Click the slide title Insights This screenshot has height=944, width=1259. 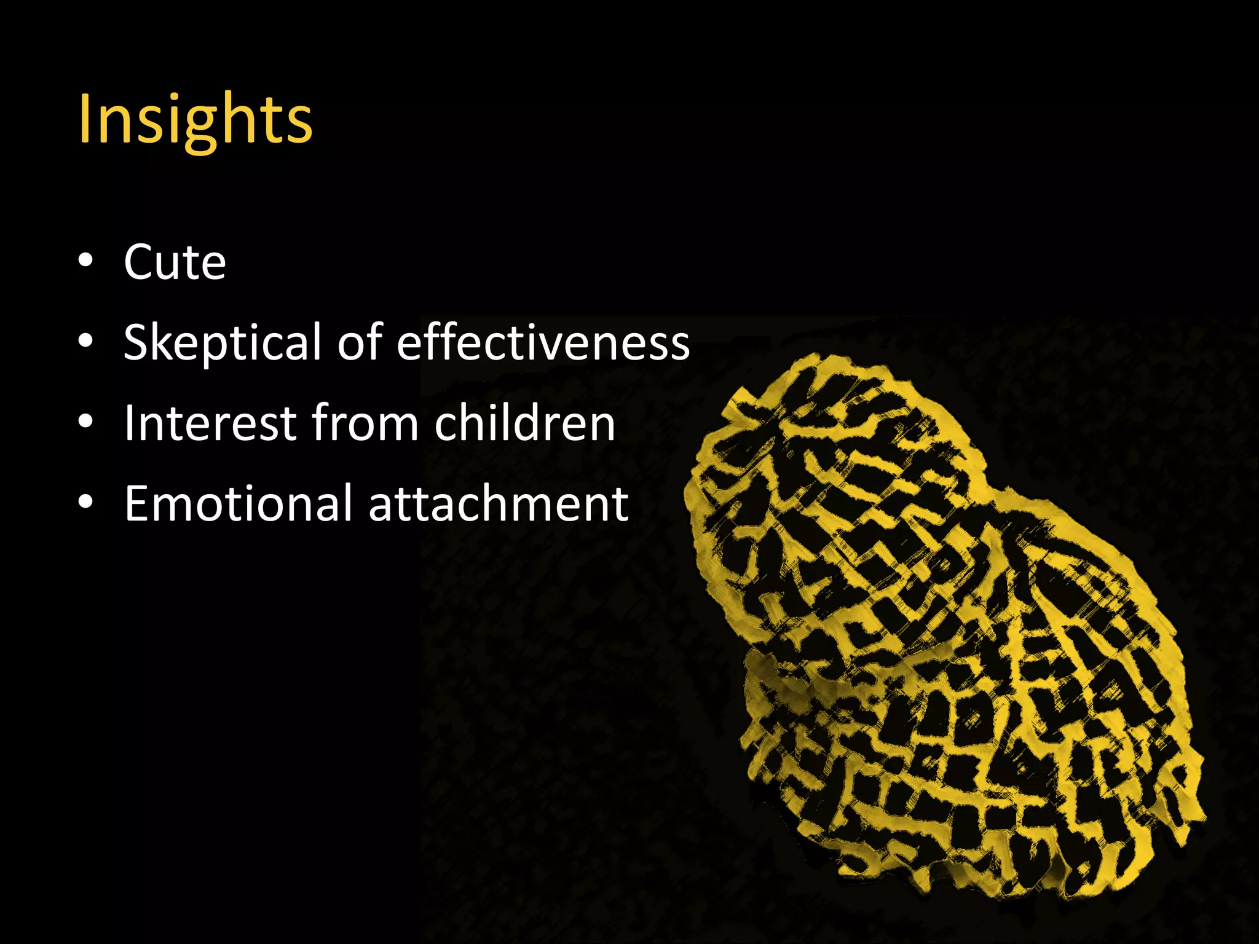click(x=195, y=120)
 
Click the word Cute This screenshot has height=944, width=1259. click(x=175, y=263)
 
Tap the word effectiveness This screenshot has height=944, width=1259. click(x=543, y=343)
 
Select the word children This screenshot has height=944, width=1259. click(x=524, y=423)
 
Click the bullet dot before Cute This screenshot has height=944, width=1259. click(x=86, y=261)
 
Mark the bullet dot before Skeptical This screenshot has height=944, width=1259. click(x=86, y=341)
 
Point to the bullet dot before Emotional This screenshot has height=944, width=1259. click(x=86, y=502)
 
